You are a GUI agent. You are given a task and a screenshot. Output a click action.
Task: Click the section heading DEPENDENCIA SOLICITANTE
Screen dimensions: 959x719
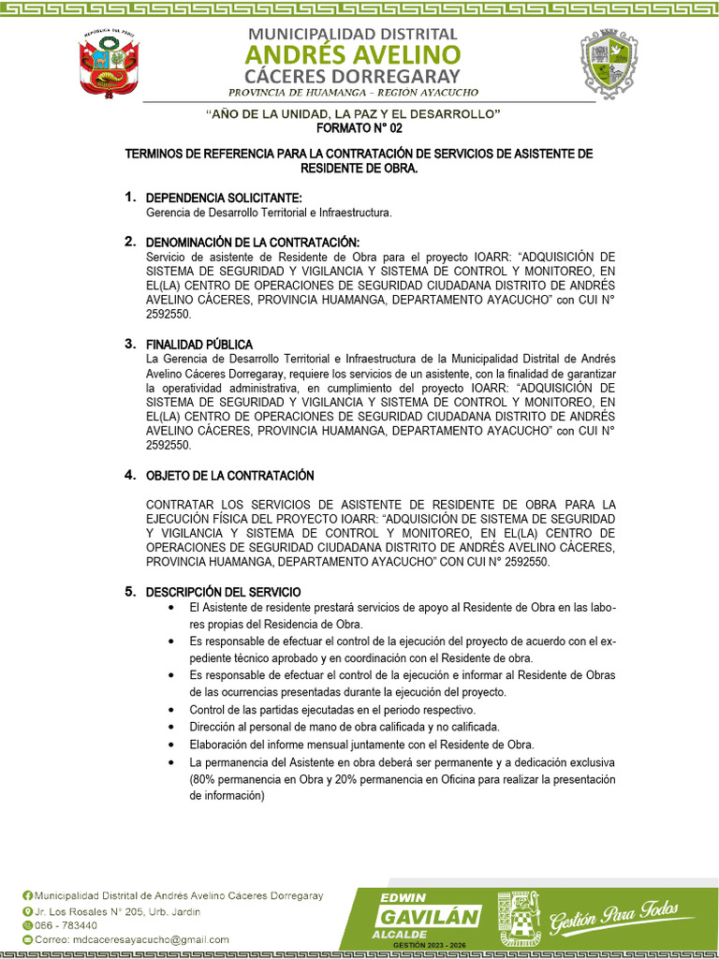click(x=224, y=198)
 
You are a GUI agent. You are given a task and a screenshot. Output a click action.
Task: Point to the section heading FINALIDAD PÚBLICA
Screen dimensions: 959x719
click(x=199, y=345)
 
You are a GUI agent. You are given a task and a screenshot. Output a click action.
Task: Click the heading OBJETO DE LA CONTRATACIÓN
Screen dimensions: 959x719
click(x=230, y=476)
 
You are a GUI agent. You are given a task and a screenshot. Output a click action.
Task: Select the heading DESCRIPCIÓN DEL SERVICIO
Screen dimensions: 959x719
click(x=224, y=592)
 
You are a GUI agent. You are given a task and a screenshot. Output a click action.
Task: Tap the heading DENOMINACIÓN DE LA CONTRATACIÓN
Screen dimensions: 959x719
click(x=253, y=243)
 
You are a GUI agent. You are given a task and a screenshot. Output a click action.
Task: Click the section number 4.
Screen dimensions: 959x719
click(x=129, y=475)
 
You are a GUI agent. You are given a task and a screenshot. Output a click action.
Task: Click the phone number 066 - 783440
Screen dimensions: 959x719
click(x=66, y=925)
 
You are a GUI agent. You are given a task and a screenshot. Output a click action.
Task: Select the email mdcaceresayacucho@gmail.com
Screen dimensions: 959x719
click(x=131, y=939)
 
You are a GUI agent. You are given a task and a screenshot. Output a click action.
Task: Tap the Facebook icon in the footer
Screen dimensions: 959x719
click(x=27, y=896)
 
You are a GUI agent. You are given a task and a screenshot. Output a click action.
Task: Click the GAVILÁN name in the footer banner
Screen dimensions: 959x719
click(x=429, y=917)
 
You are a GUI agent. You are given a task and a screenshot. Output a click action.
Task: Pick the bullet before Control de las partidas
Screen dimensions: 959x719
click(x=171, y=710)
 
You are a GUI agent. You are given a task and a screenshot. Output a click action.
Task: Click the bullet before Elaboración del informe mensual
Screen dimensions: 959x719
click(x=171, y=745)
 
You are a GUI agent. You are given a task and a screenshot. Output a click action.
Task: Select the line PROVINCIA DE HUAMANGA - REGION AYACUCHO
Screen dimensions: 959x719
click(x=354, y=93)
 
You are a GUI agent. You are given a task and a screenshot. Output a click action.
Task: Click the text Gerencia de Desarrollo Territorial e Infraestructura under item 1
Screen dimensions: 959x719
click(x=270, y=213)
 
